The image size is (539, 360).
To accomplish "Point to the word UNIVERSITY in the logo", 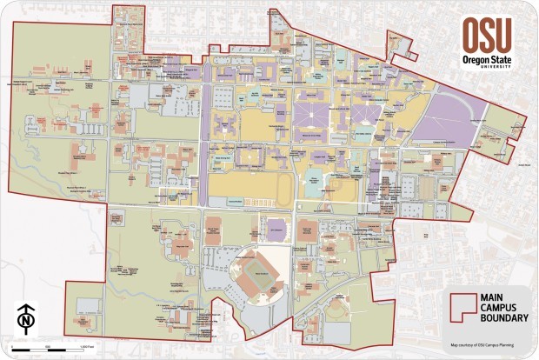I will [493, 67].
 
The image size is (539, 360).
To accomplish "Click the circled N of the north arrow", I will [28, 322].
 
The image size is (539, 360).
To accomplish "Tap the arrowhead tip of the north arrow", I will [28, 303].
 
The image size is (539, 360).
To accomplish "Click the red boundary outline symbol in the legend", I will [463, 308].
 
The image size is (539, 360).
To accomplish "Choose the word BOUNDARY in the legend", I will [504, 319].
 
